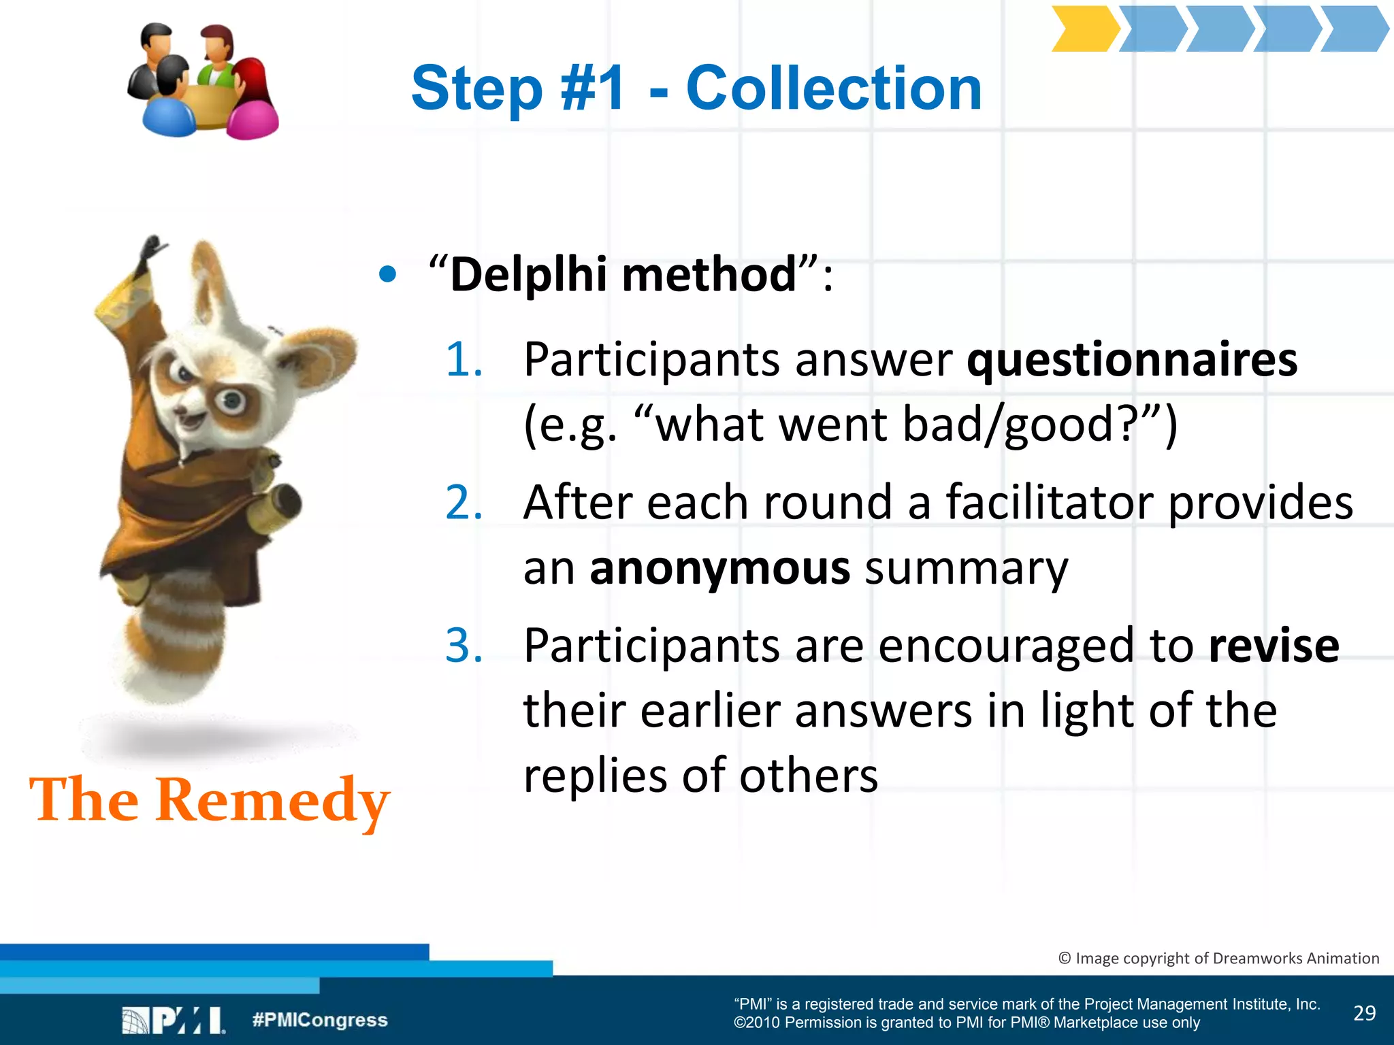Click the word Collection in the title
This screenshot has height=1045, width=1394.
(x=833, y=88)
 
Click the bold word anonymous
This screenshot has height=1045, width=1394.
(x=719, y=568)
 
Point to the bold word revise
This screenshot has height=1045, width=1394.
(x=1274, y=646)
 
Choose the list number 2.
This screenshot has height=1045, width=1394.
(x=464, y=503)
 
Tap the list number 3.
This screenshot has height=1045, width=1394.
(x=464, y=646)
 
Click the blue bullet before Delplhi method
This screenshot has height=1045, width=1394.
(x=387, y=274)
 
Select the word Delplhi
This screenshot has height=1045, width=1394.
(x=528, y=274)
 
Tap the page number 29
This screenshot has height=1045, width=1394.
(x=1364, y=1013)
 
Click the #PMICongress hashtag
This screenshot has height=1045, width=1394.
(x=320, y=1020)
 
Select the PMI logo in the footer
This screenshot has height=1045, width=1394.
(x=173, y=1021)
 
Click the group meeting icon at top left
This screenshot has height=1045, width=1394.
(x=203, y=81)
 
